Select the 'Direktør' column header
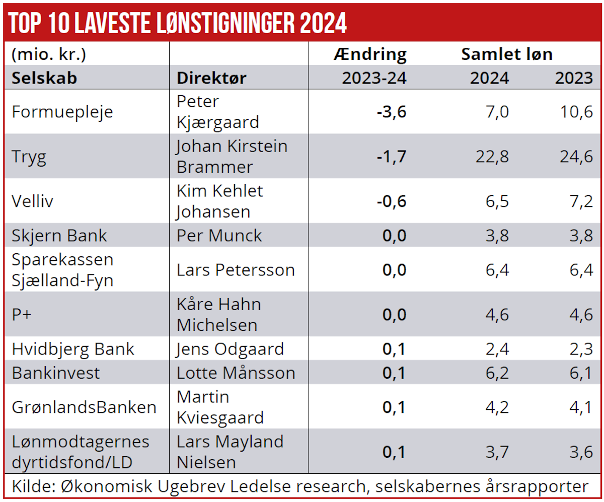(211, 78)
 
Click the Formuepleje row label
(62, 112)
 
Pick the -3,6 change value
(391, 112)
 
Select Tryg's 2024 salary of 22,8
(492, 157)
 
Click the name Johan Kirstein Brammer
(232, 156)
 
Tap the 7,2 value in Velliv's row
(581, 201)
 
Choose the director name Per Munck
(219, 235)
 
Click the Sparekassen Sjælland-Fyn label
(62, 269)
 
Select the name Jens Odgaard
(230, 349)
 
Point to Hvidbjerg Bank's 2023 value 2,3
(581, 349)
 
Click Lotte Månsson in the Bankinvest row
(236, 373)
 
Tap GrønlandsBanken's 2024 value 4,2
(497, 407)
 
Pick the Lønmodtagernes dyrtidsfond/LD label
(81, 452)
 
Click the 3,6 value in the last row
(581, 452)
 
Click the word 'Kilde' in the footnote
(32, 487)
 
